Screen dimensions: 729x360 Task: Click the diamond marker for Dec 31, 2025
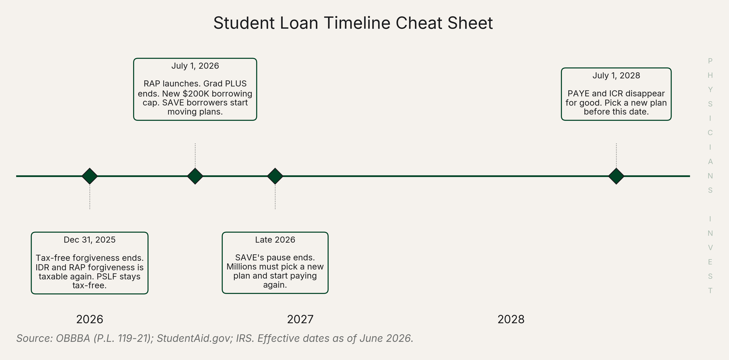tap(90, 176)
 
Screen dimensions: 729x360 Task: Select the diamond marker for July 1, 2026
tap(195, 176)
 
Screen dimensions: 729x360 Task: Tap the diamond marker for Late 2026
tap(275, 176)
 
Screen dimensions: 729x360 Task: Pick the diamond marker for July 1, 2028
tap(616, 176)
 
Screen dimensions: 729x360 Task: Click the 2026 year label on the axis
tap(90, 319)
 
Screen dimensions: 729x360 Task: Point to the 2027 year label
tap(300, 319)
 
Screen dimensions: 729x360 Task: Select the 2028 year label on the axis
tap(511, 319)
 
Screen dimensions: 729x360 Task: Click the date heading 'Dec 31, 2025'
tap(90, 240)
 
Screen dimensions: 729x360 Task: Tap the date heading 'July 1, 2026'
tap(195, 66)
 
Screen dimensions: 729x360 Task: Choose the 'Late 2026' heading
tap(275, 240)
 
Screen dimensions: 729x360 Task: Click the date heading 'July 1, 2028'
tap(616, 76)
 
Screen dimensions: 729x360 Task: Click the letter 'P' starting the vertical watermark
tap(710, 61)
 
